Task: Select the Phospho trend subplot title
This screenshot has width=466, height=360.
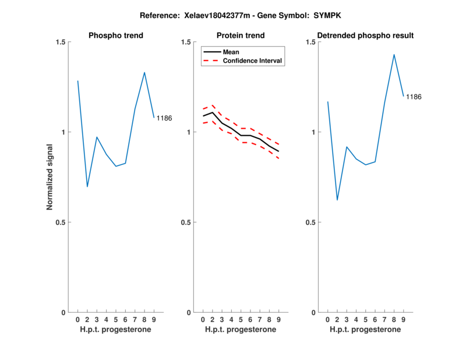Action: coord(116,36)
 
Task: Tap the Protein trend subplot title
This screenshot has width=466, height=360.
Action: coord(241,36)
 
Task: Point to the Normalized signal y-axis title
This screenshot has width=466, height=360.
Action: coord(50,177)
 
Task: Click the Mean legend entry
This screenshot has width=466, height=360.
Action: coord(231,52)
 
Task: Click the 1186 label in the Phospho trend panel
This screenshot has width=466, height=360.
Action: coord(164,118)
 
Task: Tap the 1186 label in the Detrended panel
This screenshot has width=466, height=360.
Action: coord(414,97)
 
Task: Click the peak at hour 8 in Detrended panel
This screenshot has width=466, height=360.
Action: coord(394,55)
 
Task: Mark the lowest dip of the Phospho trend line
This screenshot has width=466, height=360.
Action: coord(87,186)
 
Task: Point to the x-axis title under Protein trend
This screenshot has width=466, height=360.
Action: coord(241,330)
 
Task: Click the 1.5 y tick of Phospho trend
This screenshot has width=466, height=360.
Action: coord(60,42)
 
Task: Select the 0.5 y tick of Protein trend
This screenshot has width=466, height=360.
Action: coord(185,223)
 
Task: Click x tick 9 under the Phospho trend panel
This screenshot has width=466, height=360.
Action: coord(154,320)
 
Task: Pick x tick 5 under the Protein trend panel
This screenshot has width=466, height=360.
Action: coord(241,320)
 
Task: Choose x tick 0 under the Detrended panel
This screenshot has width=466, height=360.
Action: coord(328,320)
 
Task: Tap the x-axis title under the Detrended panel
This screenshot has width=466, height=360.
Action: coord(366,330)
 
